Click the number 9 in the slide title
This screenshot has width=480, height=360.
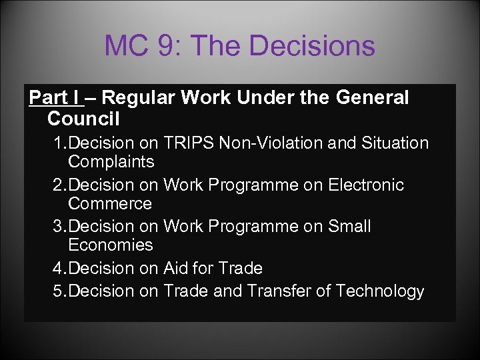coord(167,46)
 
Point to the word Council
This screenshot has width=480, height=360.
coord(83,119)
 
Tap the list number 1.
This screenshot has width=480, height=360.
coord(59,143)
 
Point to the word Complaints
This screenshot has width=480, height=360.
coord(111,162)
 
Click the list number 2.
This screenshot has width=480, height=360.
coord(59,185)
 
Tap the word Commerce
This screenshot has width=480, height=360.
coord(110,203)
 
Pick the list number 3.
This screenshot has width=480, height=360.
coord(59,226)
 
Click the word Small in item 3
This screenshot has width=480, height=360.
coord(349,226)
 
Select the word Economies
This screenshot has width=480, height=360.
coord(111,245)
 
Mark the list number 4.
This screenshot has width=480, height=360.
coord(59,268)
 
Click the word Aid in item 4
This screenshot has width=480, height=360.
coord(176,268)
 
